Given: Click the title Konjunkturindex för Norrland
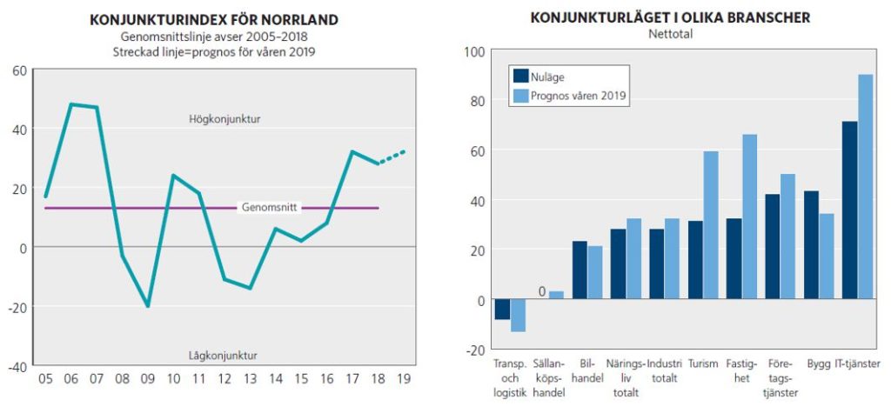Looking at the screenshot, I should coord(214,20).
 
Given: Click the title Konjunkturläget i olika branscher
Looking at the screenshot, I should coord(670,18).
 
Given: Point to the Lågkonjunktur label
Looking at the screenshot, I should coord(223,355).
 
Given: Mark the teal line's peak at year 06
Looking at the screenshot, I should coord(70,105).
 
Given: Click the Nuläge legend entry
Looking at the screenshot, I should coord(547,77).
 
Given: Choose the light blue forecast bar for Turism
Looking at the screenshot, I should coord(711,226).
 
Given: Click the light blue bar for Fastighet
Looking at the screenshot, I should coord(749,217).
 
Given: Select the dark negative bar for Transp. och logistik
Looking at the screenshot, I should coord(502,310).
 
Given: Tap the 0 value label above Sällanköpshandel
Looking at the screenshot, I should coord(542,291).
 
